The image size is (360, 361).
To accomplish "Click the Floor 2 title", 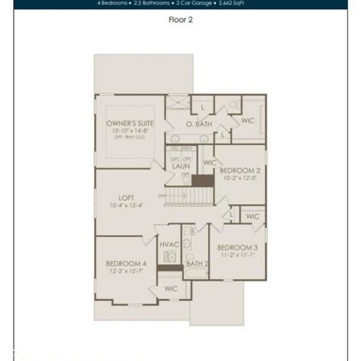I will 180,21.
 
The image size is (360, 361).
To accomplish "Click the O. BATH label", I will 199,124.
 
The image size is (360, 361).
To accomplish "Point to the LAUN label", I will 180,167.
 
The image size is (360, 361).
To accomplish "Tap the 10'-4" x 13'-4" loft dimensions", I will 126,205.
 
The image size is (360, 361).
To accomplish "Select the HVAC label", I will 168,245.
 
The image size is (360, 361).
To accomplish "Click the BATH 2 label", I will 197,264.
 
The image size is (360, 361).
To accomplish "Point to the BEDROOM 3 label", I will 237,247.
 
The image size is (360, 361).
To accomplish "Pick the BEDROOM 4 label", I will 126,263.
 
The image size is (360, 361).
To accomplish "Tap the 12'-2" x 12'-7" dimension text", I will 126,272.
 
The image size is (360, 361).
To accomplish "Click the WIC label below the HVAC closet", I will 171,288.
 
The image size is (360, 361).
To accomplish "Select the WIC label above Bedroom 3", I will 253,217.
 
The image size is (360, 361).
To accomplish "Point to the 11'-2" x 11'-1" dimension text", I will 237,255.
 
